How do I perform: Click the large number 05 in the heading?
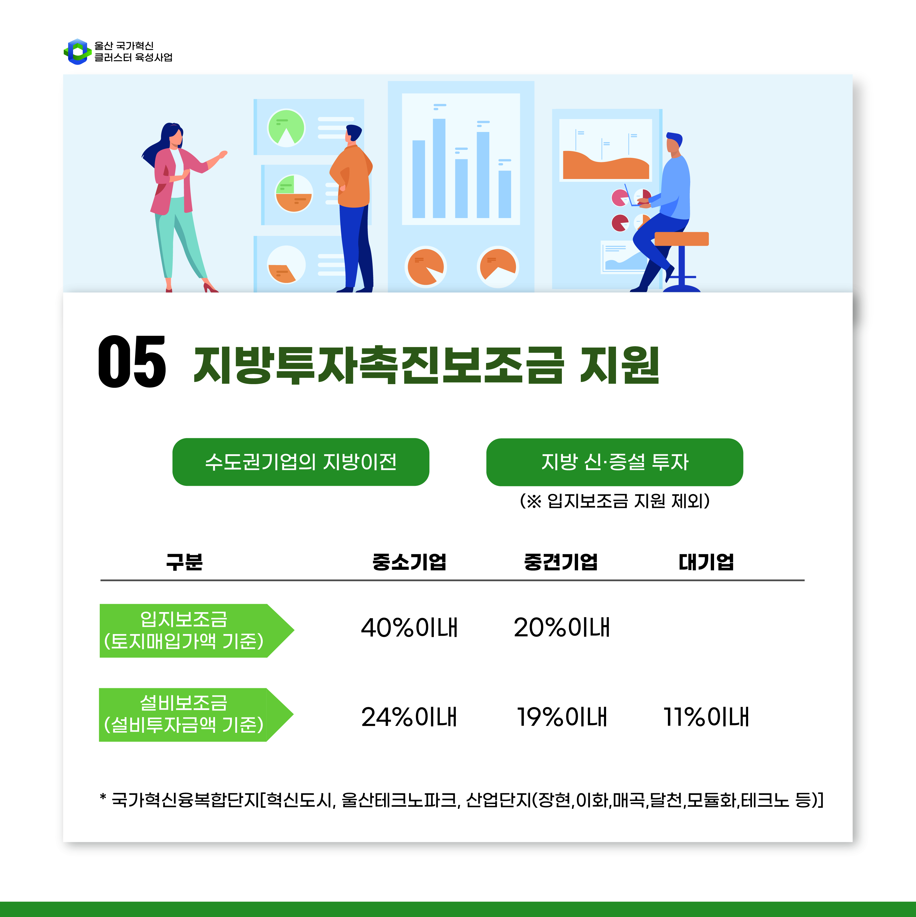tap(132, 361)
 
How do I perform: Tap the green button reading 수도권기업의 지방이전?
tap(301, 462)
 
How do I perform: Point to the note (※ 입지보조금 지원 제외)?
tap(615, 501)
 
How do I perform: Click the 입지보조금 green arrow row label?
tap(196, 630)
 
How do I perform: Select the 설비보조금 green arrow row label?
tap(196, 714)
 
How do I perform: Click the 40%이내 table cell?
tap(409, 627)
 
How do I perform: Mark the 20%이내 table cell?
tap(562, 627)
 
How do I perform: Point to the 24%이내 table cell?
tap(409, 717)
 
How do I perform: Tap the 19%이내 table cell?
tap(562, 717)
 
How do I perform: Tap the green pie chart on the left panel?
tap(287, 128)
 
